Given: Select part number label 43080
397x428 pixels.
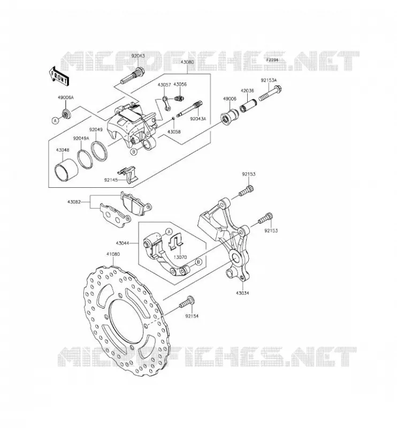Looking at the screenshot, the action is tap(187, 62).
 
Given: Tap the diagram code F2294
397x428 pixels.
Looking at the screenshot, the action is tap(272, 60).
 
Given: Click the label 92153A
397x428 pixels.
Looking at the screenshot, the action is tap(269, 80).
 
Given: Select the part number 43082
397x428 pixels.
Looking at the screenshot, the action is tap(74, 202).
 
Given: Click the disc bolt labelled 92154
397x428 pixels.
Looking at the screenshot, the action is tap(187, 303).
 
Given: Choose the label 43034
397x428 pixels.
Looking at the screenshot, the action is tap(242, 293).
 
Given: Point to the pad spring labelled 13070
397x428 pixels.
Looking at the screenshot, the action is tap(175, 242).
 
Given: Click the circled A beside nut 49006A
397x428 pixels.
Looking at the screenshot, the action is tap(56, 120).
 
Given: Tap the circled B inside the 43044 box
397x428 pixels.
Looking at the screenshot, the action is tap(199, 262).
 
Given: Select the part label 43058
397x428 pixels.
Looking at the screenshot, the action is tap(174, 132).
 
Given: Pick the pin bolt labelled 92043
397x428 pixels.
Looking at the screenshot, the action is tap(133, 75).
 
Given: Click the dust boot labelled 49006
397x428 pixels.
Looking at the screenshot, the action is tap(230, 116).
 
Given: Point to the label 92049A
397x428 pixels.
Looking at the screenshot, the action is tap(81, 139).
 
